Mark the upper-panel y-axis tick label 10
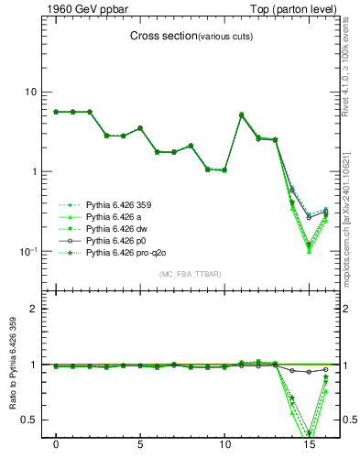30,92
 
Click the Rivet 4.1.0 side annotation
349,69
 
